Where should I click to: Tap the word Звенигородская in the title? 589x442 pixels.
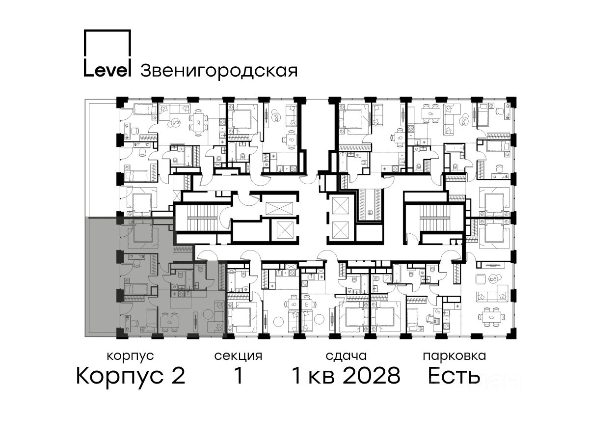click(x=219, y=71)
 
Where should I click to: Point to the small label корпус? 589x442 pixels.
click(x=130, y=356)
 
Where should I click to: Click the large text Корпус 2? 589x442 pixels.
click(x=131, y=376)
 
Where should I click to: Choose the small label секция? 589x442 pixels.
click(x=238, y=356)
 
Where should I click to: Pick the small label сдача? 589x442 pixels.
click(x=346, y=356)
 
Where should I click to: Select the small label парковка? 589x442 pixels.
click(x=455, y=356)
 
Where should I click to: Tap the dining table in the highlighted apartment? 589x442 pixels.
click(x=169, y=322)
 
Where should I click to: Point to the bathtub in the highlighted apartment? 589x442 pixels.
click(x=189, y=279)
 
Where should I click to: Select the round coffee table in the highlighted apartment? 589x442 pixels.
click(x=209, y=314)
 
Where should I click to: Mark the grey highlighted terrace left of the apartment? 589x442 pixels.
click(x=103, y=276)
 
